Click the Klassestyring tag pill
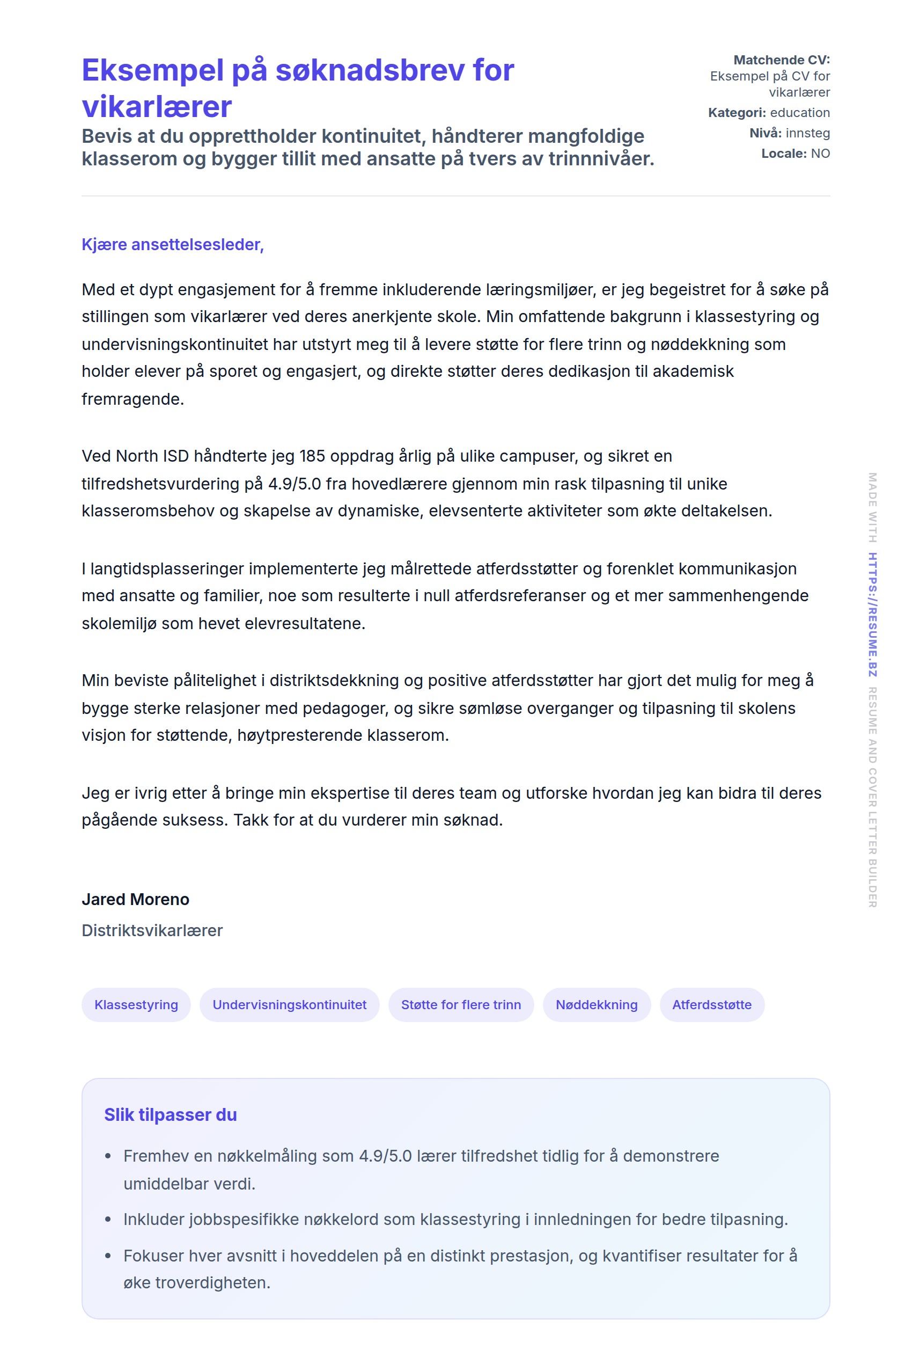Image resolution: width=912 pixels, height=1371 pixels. [136, 1004]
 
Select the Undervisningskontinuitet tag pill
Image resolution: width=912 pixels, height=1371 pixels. [289, 1004]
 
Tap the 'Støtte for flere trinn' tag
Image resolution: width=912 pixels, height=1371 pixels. [461, 1004]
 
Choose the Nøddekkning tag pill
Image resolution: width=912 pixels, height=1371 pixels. [596, 1004]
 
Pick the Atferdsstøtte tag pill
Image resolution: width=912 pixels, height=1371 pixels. [711, 1004]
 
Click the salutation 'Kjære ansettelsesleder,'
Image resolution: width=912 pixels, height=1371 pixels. [173, 244]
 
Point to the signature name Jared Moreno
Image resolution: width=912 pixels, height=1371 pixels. [136, 899]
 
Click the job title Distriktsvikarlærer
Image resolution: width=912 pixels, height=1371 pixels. [152, 930]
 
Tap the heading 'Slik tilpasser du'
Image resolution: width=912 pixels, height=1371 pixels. [171, 1114]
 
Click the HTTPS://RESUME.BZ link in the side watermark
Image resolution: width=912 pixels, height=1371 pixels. [872, 615]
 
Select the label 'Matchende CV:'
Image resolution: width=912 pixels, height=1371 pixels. [781, 60]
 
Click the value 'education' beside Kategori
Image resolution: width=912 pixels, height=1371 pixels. [800, 112]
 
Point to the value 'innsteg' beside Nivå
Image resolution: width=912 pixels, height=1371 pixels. [807, 133]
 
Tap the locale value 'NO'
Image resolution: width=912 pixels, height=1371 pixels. [820, 153]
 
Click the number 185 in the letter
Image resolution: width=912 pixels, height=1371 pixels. [312, 456]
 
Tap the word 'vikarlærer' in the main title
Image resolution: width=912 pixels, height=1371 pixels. [157, 106]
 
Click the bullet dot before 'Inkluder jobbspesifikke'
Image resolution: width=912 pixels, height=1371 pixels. [108, 1219]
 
